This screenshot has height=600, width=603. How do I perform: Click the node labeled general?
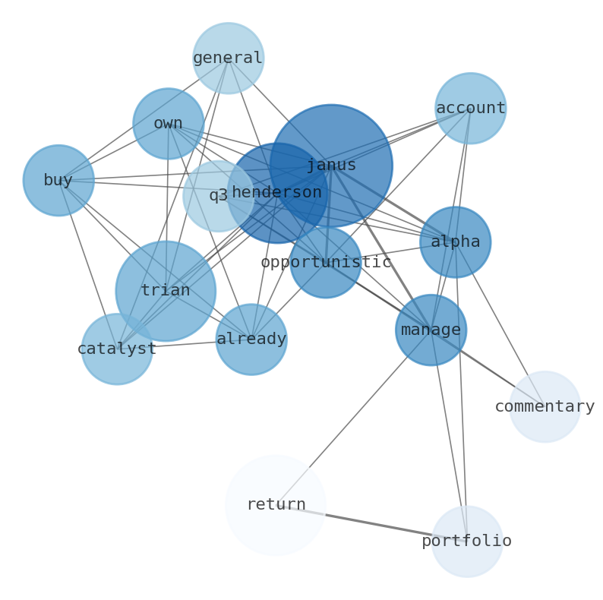coord(228,58)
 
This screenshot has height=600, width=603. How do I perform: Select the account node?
coord(470,109)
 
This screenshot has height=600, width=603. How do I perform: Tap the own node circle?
coord(168,124)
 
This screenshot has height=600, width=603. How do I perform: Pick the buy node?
coord(58,181)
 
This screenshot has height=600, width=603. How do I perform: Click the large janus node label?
coord(331,166)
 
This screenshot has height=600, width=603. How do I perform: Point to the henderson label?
coord(276,193)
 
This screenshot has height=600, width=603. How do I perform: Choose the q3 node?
coord(218,196)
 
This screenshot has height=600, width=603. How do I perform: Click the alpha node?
coord(455,242)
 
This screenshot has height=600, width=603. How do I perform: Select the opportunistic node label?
coord(326,263)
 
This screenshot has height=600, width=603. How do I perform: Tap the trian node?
coord(166,291)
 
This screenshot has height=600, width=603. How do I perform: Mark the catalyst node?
coord(117,349)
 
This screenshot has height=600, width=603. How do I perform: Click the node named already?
coord(251,339)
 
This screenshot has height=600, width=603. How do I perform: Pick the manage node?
coord(431,330)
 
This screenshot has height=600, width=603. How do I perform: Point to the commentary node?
coord(545,407)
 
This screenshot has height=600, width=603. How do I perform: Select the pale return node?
coord(276,505)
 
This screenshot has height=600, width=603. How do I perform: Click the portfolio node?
coord(467,542)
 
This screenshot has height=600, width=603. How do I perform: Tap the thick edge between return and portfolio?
coord(371,523)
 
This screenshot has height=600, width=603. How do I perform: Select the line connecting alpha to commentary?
coord(500,324)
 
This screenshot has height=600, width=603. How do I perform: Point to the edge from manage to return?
coord(353,418)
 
